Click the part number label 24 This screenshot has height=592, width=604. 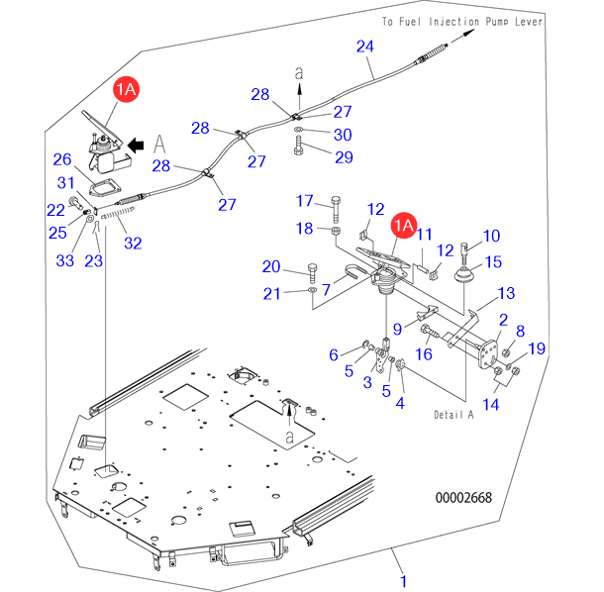364,47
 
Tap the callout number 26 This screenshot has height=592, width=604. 61,159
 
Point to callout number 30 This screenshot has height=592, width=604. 342,135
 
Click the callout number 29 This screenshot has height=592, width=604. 342,156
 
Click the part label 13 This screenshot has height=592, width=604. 506,293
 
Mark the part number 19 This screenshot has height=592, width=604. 536,347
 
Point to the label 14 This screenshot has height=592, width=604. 491,404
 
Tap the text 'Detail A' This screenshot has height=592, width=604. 453,415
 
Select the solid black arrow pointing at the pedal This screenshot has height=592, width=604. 138,145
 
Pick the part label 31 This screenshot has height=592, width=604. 66,182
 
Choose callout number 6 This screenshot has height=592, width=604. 334,353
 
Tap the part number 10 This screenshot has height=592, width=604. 491,236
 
